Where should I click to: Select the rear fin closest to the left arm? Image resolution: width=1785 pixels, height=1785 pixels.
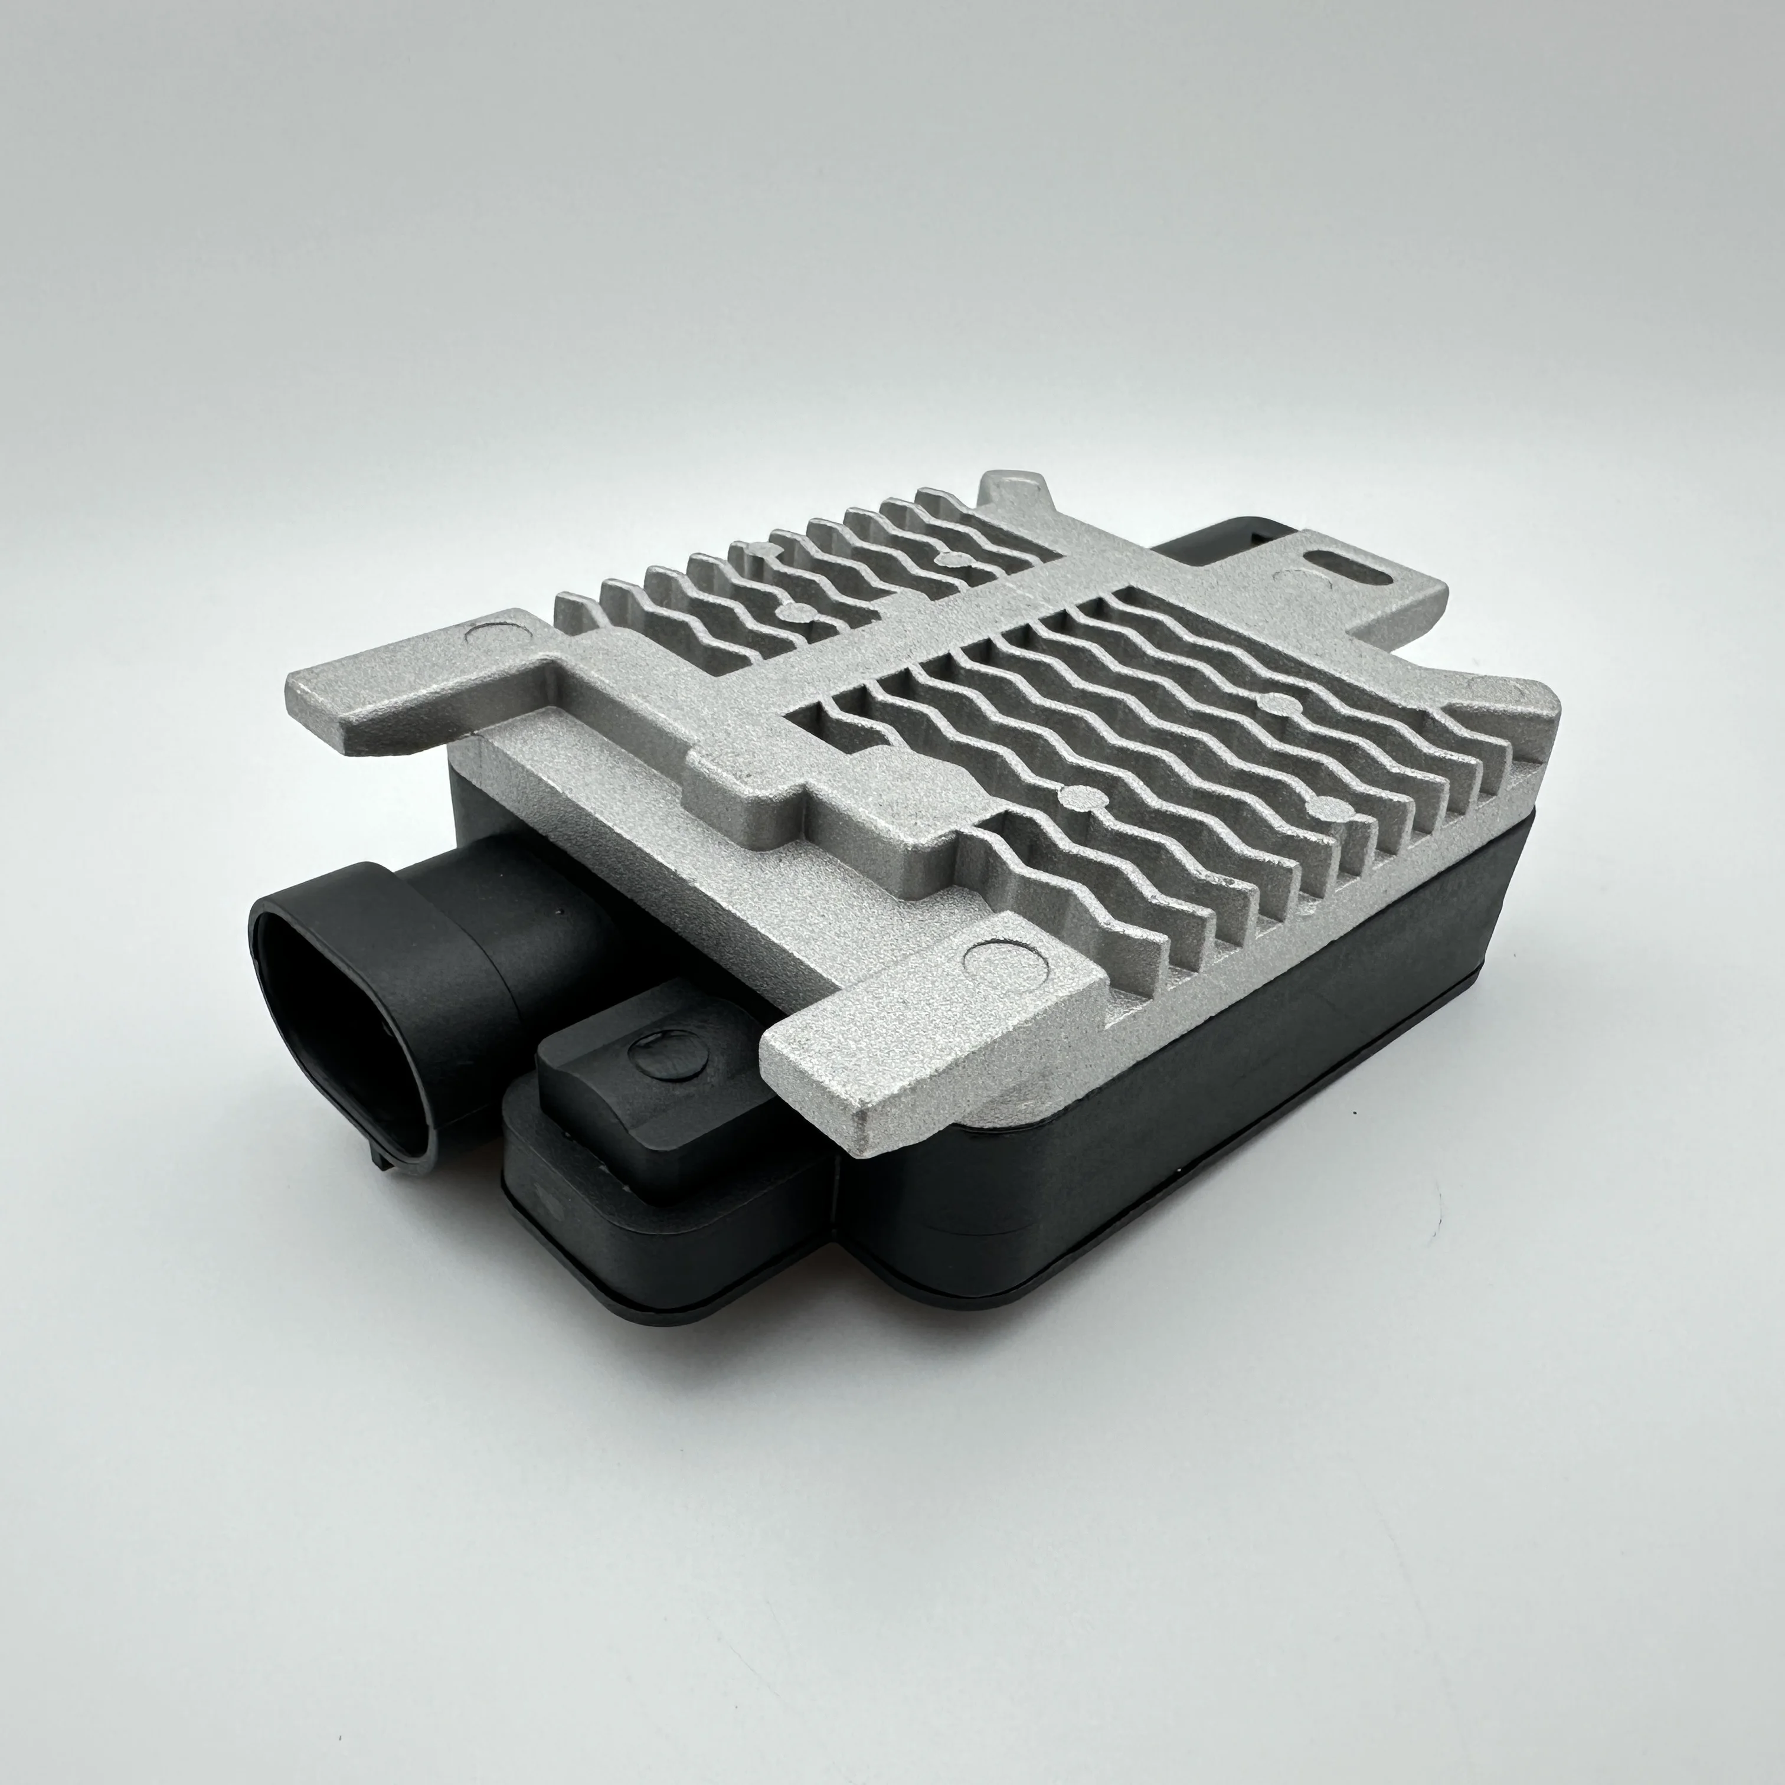point(577,614)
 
